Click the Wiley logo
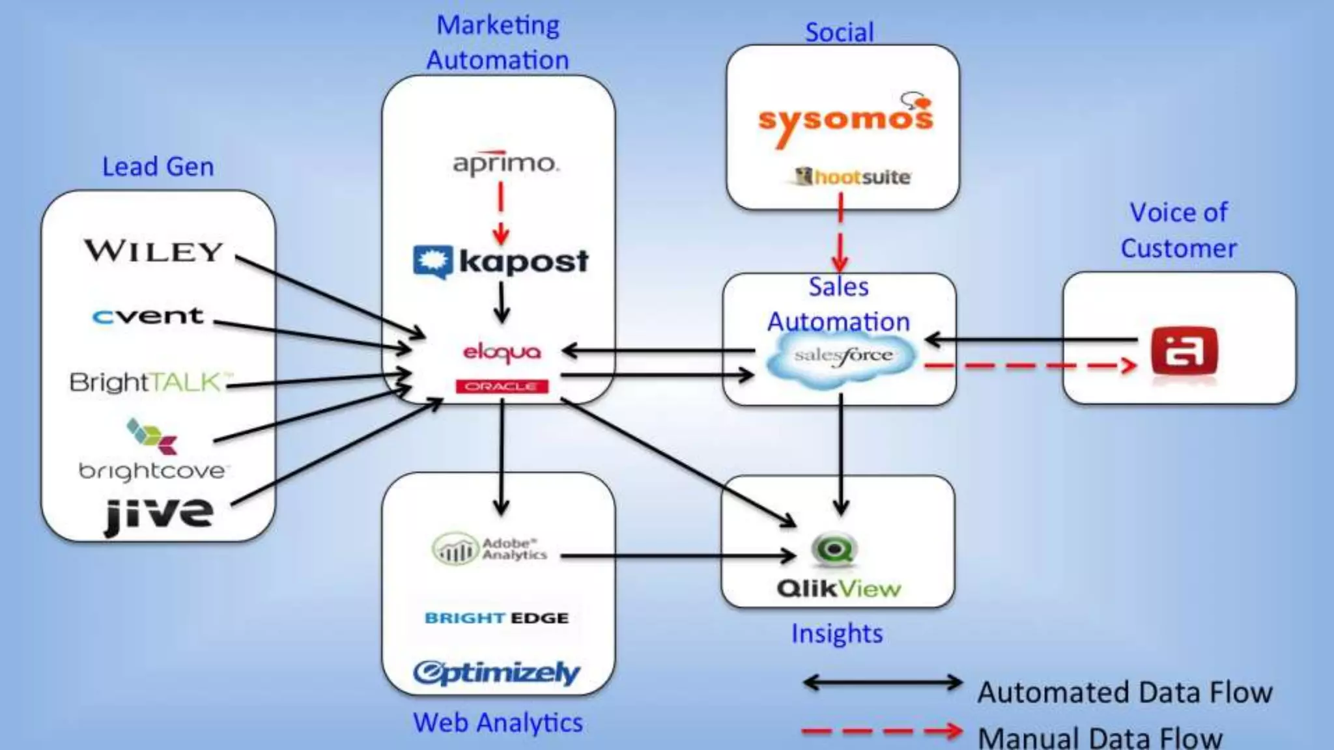(154, 251)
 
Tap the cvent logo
(148, 316)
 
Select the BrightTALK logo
(150, 382)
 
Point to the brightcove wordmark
(152, 471)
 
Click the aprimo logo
(505, 163)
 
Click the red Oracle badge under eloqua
(502, 387)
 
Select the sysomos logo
(845, 120)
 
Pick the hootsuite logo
(853, 176)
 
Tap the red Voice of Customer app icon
(1184, 352)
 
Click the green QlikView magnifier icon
(834, 550)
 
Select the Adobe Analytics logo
(490, 549)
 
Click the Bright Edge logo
(496, 618)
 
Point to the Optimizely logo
(496, 673)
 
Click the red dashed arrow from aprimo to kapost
(501, 212)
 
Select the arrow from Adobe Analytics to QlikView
(677, 556)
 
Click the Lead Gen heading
(158, 167)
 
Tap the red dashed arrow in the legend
(882, 731)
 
